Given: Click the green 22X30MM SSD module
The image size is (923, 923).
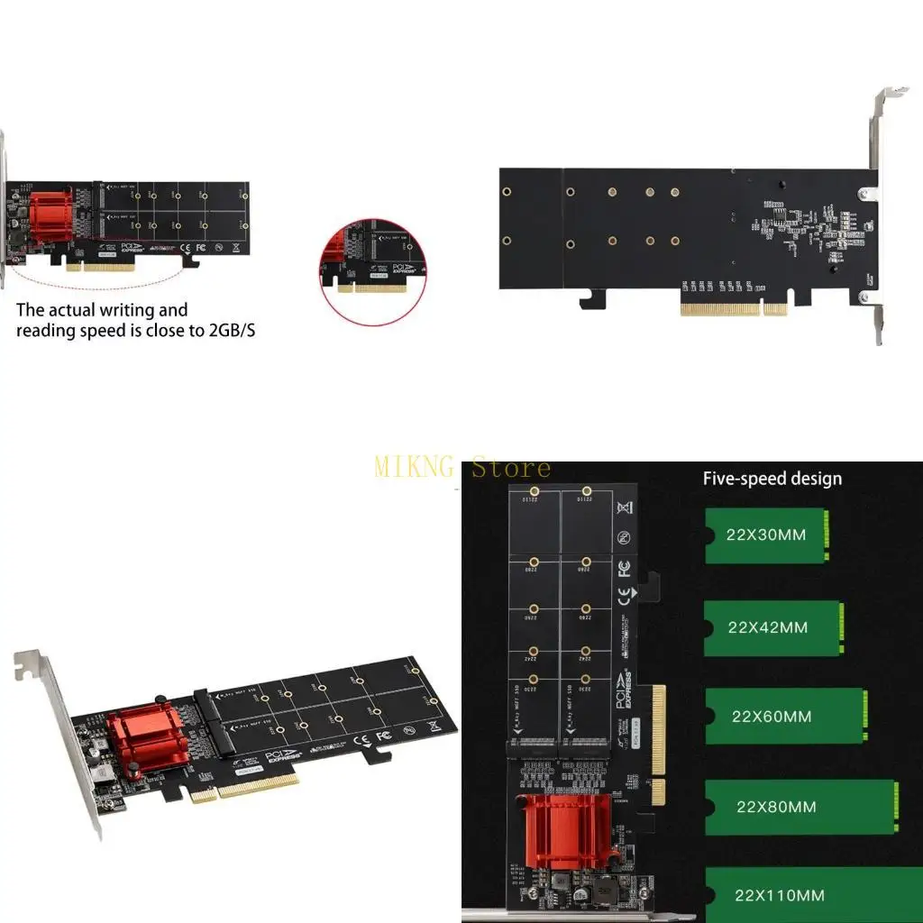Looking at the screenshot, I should coord(765,535).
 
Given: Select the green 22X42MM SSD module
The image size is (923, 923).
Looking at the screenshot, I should coord(773,627).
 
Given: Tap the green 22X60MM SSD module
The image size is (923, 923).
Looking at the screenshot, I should coord(785,717).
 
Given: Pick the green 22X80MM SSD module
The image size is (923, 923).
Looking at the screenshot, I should coord(801,807).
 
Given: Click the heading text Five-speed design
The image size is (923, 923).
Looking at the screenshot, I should coord(772,479).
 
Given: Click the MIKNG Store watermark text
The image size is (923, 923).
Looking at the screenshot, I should coord(462,468).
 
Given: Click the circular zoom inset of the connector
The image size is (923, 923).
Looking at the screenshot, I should coord(371,268).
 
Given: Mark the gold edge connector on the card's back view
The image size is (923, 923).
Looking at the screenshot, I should coord(736,309).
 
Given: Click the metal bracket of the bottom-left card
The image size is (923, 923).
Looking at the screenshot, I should coord(63,739).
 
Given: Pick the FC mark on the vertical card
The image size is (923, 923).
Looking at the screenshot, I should coord(624,570).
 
